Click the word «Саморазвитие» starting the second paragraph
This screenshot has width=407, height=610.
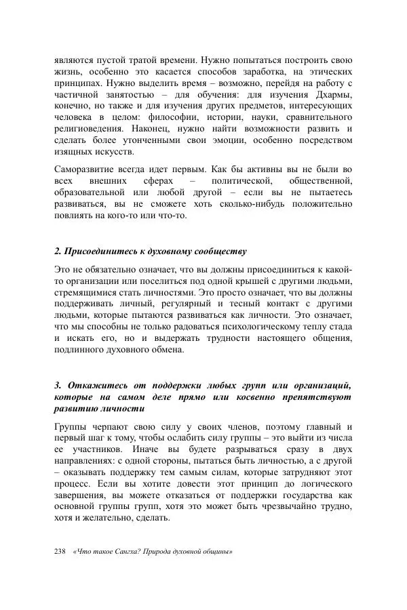coord(84,169)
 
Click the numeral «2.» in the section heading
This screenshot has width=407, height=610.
coord(58,251)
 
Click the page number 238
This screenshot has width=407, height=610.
coord(60,550)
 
